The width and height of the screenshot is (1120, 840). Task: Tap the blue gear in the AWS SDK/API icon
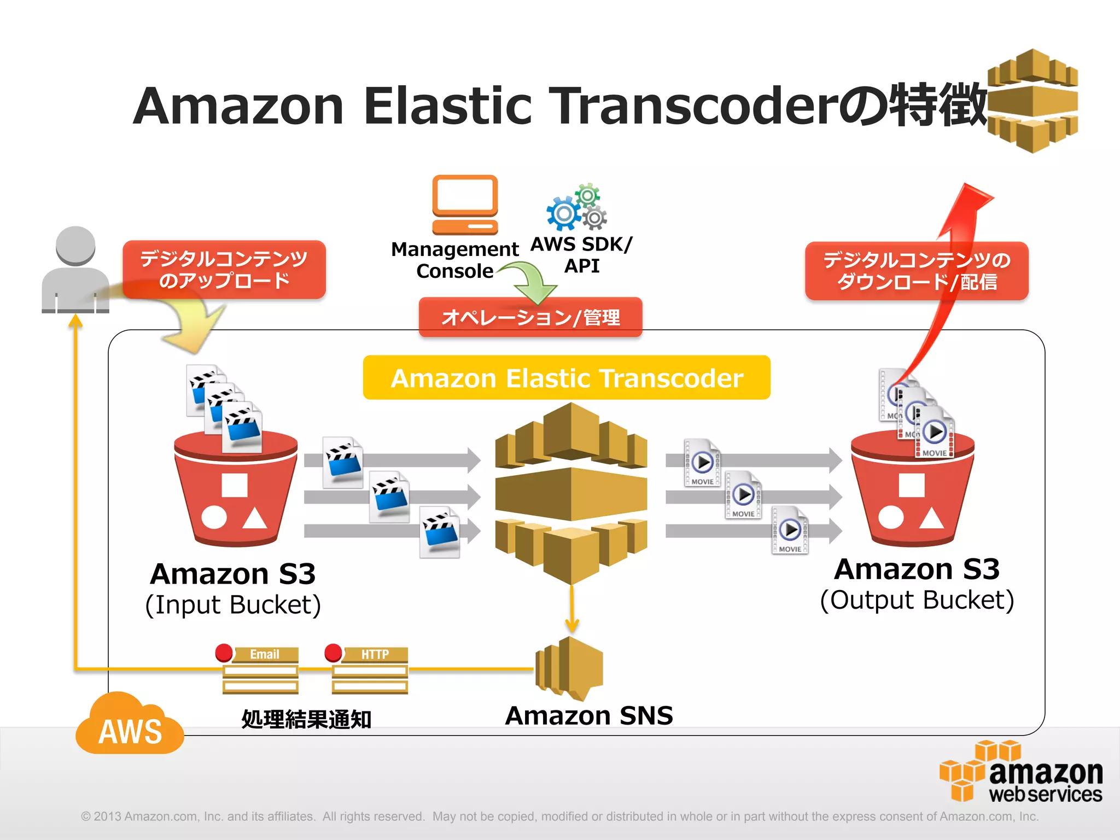point(563,213)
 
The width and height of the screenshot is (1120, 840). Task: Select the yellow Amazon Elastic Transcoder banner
point(567,378)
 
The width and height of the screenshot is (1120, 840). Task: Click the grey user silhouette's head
point(75,246)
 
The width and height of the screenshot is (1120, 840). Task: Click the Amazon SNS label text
point(588,715)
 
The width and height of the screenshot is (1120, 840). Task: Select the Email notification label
point(265,654)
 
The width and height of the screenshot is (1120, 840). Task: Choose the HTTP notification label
point(375,654)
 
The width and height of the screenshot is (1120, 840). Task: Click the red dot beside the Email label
point(224,652)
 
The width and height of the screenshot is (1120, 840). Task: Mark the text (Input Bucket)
point(233,605)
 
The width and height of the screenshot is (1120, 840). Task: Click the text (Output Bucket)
point(917,600)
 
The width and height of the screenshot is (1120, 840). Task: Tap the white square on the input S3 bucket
point(235,485)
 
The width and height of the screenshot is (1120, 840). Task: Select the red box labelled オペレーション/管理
point(530,317)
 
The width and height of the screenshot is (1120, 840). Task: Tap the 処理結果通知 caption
point(306,719)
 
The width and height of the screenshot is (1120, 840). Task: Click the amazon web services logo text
point(1045,782)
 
